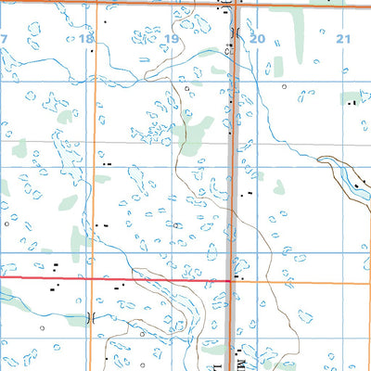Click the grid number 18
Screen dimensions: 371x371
(86, 38)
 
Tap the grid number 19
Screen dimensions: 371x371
(172, 39)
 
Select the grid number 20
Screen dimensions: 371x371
(257, 39)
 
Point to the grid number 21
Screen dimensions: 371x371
(343, 38)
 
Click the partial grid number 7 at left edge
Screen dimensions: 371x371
(4, 38)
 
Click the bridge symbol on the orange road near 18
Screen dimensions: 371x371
(90, 317)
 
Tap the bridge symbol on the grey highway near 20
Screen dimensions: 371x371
(235, 34)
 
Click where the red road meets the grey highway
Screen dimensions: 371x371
(231, 278)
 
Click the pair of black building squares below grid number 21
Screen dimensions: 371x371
(352, 104)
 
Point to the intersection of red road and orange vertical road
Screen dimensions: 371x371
(90, 277)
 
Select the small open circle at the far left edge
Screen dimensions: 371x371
(6, 224)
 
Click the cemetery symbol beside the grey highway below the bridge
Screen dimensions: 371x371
(227, 53)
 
